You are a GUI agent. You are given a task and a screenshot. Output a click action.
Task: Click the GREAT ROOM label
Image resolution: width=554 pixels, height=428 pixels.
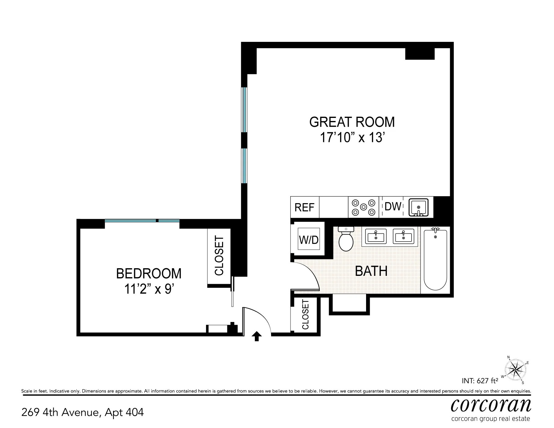(352, 122)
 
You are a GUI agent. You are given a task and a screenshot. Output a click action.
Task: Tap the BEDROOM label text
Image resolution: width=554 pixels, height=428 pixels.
(149, 273)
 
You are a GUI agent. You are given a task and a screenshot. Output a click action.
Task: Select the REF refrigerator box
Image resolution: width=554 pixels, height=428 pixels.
(304, 207)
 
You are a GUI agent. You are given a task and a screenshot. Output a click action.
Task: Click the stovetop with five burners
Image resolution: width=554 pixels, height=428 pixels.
(363, 207)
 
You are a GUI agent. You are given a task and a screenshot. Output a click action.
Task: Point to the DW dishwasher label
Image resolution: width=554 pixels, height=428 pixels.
(392, 207)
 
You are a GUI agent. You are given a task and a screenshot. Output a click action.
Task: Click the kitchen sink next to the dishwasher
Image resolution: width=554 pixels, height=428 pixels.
(419, 207)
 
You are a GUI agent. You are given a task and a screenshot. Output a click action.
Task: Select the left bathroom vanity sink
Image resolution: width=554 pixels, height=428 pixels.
(376, 236)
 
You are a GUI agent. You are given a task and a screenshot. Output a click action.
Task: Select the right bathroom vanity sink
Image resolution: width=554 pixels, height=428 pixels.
(403, 236)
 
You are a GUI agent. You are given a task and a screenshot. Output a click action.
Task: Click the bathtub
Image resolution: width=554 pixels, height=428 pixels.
(435, 260)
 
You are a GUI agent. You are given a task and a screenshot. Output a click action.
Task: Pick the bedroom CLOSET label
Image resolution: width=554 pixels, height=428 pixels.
(219, 256)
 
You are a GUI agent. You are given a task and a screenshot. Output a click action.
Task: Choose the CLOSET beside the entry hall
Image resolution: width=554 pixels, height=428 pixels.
(305, 314)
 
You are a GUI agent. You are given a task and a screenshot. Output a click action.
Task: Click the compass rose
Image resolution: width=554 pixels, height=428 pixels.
(515, 370)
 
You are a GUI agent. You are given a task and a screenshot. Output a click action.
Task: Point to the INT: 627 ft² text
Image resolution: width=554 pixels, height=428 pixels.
(480, 381)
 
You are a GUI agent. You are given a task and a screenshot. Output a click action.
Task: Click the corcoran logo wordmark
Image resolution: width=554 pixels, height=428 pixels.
(491, 405)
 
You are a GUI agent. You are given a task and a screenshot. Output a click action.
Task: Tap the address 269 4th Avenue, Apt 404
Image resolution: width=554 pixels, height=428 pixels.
(83, 413)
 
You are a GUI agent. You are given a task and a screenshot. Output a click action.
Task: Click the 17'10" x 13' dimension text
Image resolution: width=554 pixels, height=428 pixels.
(351, 137)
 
